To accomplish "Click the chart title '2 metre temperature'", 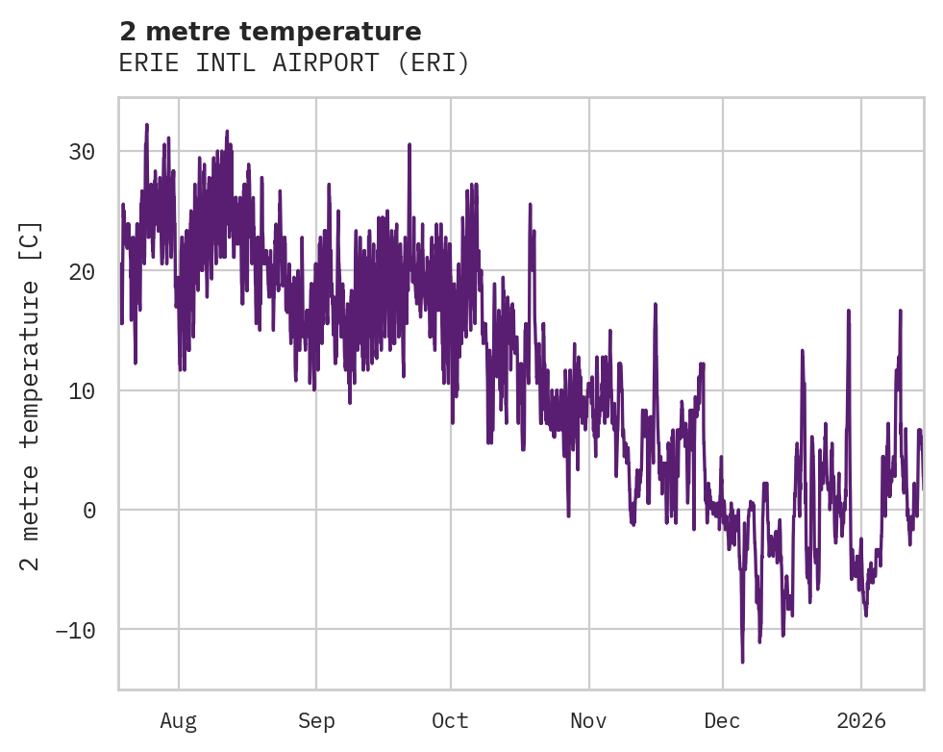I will pos(270,32).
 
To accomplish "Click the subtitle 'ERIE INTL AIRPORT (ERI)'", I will pos(294,63).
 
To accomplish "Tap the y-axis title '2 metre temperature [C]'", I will pos(31,395).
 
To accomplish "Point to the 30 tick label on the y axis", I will pos(82,152).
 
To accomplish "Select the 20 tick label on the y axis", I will pos(82,271).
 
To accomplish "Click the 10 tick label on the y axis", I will pos(82,390).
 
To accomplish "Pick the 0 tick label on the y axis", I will pos(89,511).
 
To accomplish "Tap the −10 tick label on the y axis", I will pos(76,630).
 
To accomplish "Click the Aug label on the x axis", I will pos(179,721).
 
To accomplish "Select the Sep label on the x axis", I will pos(316,721).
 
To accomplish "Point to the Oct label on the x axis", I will pos(450,721).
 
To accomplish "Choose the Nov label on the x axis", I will pos(588,721).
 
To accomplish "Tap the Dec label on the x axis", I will pos(722,721).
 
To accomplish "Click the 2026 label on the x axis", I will pos(861,721).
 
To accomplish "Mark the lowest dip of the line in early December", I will pos(742,662).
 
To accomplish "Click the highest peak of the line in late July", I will pos(147,124).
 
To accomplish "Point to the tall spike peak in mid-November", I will pos(656,304).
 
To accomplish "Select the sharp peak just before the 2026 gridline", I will pos(849,311).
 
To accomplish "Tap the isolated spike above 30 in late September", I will pos(409,144).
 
